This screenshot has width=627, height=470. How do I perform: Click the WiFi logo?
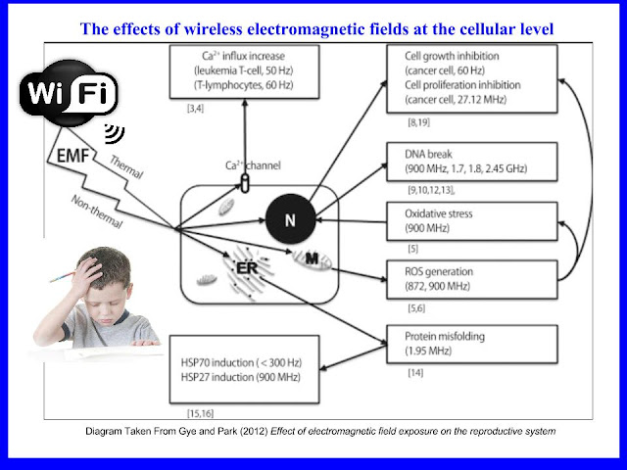(x=69, y=93)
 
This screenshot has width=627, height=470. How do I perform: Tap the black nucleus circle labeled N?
(x=291, y=219)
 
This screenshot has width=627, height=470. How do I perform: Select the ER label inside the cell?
(x=247, y=268)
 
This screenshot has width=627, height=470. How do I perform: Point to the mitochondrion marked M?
(x=312, y=259)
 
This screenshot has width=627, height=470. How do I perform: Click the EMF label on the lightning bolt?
(x=72, y=156)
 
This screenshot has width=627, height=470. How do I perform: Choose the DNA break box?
(x=472, y=162)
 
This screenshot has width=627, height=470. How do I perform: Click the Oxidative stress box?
(x=472, y=221)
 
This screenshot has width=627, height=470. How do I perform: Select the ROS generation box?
(x=472, y=279)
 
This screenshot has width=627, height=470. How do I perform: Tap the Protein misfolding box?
(x=472, y=344)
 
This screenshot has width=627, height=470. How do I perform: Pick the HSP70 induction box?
(x=244, y=369)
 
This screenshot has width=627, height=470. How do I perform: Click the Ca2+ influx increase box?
(x=244, y=71)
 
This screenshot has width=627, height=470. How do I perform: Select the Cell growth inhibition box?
(x=472, y=78)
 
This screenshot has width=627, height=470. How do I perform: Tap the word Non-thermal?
(x=97, y=211)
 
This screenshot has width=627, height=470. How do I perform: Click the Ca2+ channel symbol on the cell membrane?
(x=245, y=184)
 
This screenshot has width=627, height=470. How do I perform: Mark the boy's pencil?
(x=63, y=276)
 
